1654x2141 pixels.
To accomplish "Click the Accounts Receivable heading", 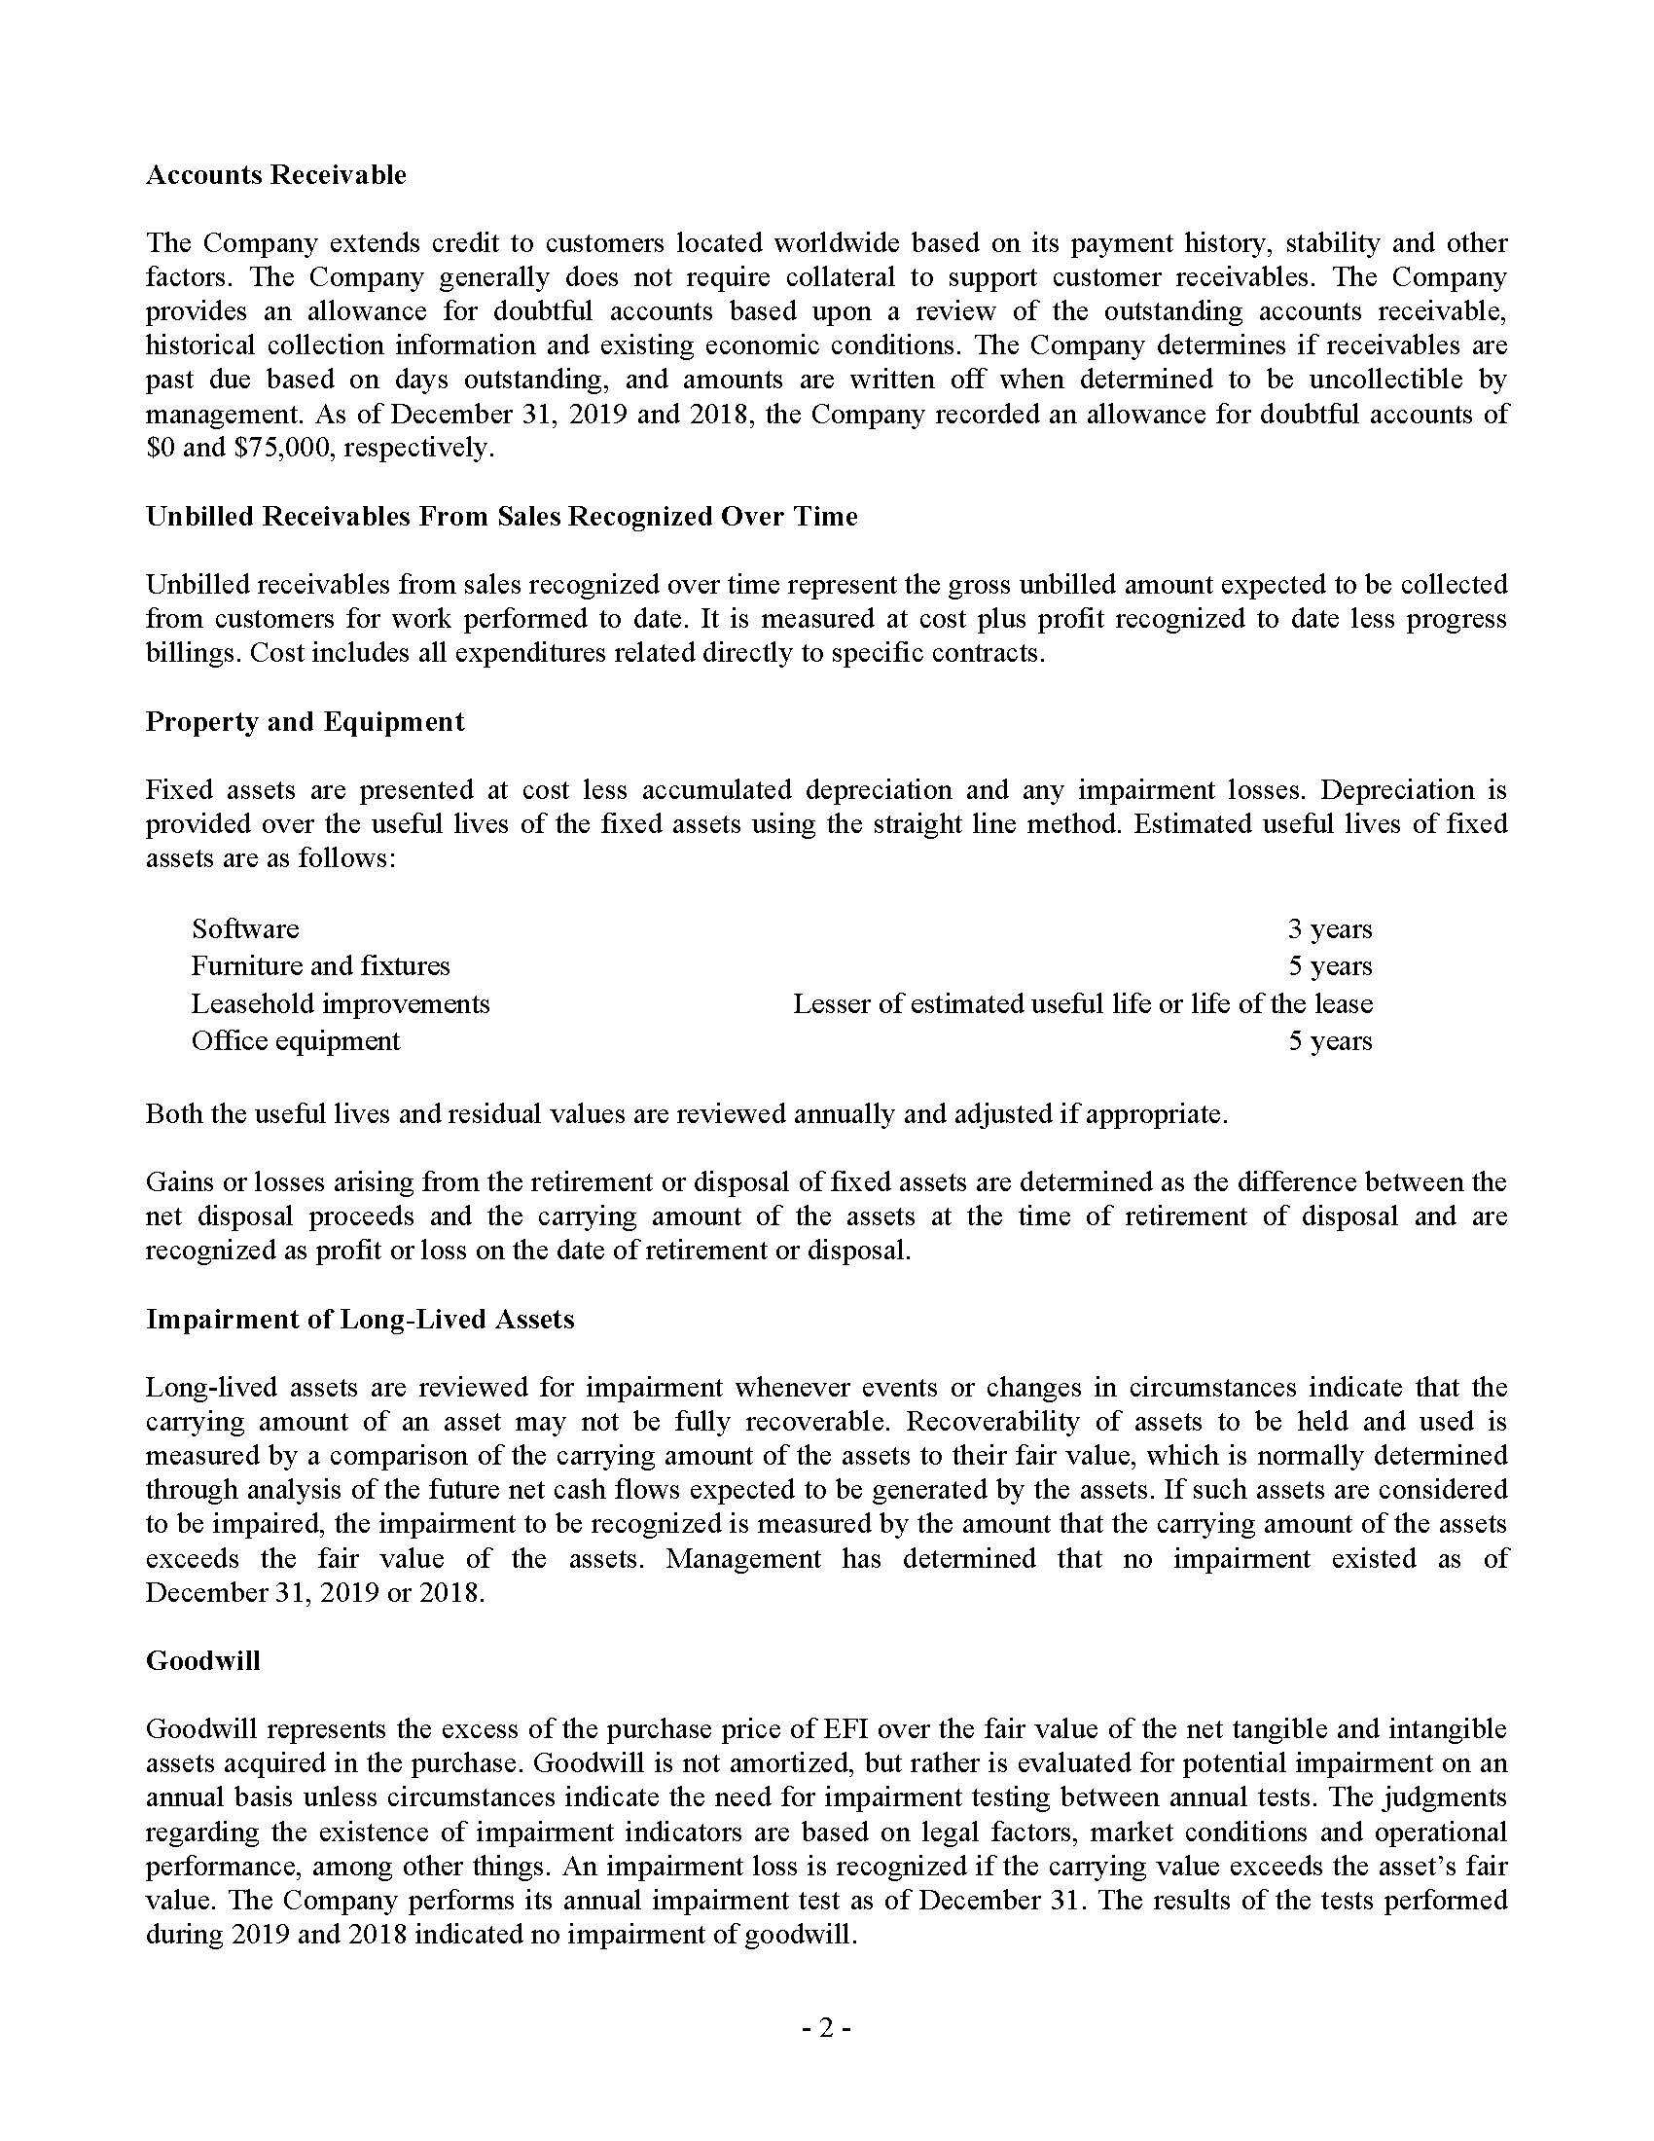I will click(275, 174).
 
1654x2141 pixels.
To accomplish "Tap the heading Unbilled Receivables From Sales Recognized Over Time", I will click(501, 517).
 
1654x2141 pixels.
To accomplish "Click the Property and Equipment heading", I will click(305, 721).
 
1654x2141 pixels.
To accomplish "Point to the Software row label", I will click(245, 928).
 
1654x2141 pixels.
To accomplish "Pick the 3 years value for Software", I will click(1329, 928).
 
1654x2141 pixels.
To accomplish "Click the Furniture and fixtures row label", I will click(320, 965).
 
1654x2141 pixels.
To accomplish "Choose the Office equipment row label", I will click(295, 1040).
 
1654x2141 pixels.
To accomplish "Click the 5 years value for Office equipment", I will click(1329, 1040).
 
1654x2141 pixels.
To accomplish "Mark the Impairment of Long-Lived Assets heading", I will click(360, 1319).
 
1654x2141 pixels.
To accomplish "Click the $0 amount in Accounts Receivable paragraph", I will click(159, 448).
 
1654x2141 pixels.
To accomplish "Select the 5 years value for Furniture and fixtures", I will click(1329, 965).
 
